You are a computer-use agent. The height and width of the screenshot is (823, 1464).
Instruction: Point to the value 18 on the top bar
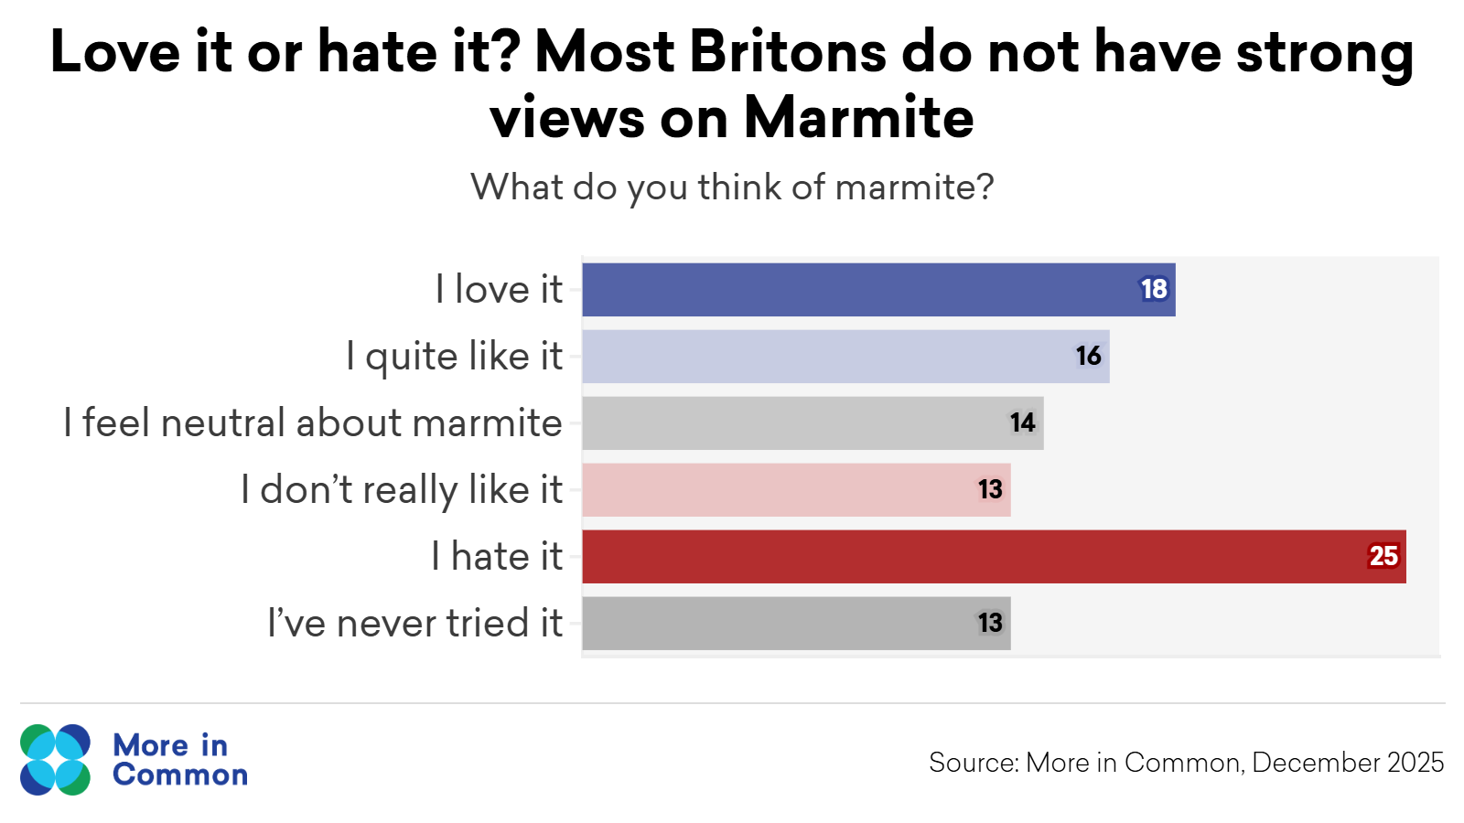1154,290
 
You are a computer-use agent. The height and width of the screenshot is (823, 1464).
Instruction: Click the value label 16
1088,357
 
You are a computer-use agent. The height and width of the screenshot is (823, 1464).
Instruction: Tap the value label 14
1022,423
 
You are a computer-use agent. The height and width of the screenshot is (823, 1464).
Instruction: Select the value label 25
1383,557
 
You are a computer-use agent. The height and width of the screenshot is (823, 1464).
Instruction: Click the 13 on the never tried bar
990,624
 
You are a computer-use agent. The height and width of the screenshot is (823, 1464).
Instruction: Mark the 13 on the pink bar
990,490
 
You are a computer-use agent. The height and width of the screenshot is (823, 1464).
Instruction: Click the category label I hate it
497,557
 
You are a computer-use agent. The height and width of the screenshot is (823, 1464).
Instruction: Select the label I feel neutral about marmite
313,423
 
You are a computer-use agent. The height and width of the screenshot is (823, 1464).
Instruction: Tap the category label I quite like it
454,357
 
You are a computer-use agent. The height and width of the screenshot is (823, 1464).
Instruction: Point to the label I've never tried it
414,624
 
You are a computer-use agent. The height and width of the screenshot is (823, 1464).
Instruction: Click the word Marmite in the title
858,118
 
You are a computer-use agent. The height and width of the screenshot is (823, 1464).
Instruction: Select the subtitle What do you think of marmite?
732,187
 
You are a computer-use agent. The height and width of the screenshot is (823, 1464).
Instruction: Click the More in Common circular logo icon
56,760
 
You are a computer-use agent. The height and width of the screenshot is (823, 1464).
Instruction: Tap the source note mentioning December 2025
1186,763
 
